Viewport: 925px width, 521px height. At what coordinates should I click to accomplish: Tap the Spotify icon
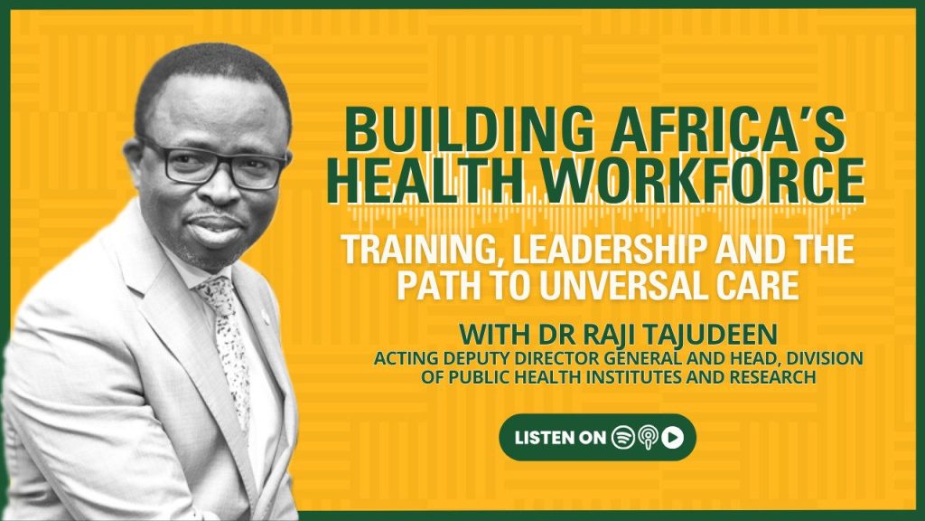tap(623, 437)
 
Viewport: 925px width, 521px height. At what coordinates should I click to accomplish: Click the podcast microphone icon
tap(648, 438)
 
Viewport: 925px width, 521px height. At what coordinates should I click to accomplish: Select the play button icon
tap(672, 437)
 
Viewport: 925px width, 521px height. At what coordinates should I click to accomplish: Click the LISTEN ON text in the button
tap(560, 438)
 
